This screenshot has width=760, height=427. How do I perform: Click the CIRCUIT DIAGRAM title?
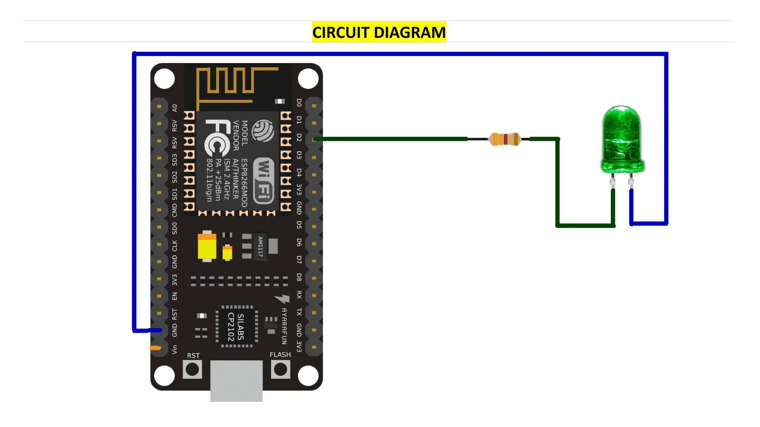[x=379, y=32]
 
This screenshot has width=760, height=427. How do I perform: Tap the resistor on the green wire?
[x=505, y=139]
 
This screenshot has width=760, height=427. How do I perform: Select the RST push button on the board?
[x=192, y=370]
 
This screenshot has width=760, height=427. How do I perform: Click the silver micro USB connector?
[x=236, y=381]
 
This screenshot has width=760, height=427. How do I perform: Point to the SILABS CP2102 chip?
[x=236, y=327]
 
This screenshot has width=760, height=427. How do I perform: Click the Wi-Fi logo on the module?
[x=264, y=181]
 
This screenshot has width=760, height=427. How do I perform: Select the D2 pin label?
[x=299, y=138]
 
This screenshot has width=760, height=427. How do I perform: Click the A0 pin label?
[x=174, y=108]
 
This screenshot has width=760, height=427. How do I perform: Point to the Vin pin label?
[x=174, y=349]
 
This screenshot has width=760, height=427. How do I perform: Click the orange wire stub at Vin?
[x=155, y=348]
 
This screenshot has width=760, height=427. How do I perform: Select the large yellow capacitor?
[x=207, y=246]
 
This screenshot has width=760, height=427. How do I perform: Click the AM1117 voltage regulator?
[x=260, y=246]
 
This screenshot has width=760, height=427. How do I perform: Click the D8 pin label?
[x=299, y=277]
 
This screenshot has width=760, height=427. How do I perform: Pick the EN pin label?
[x=174, y=296]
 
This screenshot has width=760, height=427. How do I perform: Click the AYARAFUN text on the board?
[x=284, y=326]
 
